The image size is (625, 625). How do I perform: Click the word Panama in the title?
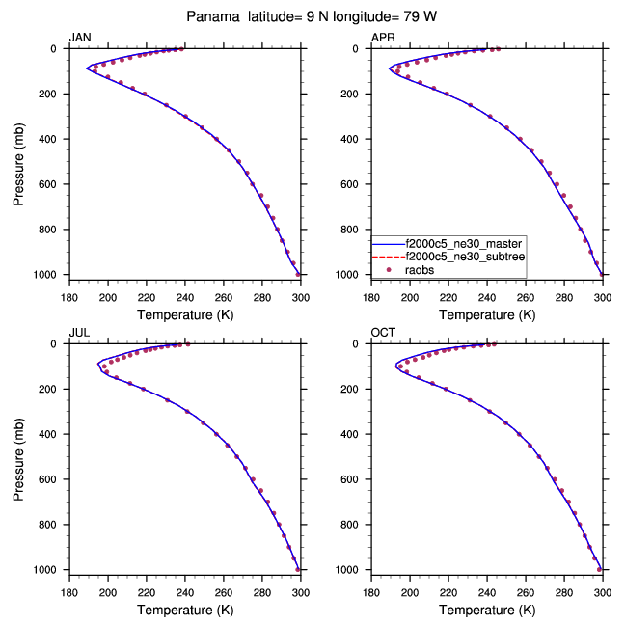click(x=215, y=16)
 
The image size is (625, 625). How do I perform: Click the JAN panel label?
click(x=81, y=38)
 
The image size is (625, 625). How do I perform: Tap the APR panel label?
click(x=383, y=38)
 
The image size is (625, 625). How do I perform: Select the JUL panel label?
click(x=80, y=333)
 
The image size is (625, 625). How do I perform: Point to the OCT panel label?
click(x=384, y=333)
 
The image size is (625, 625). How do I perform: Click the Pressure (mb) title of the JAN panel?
click(x=20, y=161)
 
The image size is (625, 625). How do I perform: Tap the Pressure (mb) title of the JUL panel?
click(x=20, y=456)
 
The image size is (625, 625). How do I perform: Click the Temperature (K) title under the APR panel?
click(x=486, y=314)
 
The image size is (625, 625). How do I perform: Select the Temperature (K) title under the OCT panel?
click(x=486, y=610)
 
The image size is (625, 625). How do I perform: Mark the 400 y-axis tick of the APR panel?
click(x=354, y=139)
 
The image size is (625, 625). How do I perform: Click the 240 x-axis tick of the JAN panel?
click(x=185, y=295)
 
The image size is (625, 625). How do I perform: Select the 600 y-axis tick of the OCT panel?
click(x=354, y=479)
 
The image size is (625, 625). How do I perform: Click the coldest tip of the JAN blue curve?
click(x=87, y=68)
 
